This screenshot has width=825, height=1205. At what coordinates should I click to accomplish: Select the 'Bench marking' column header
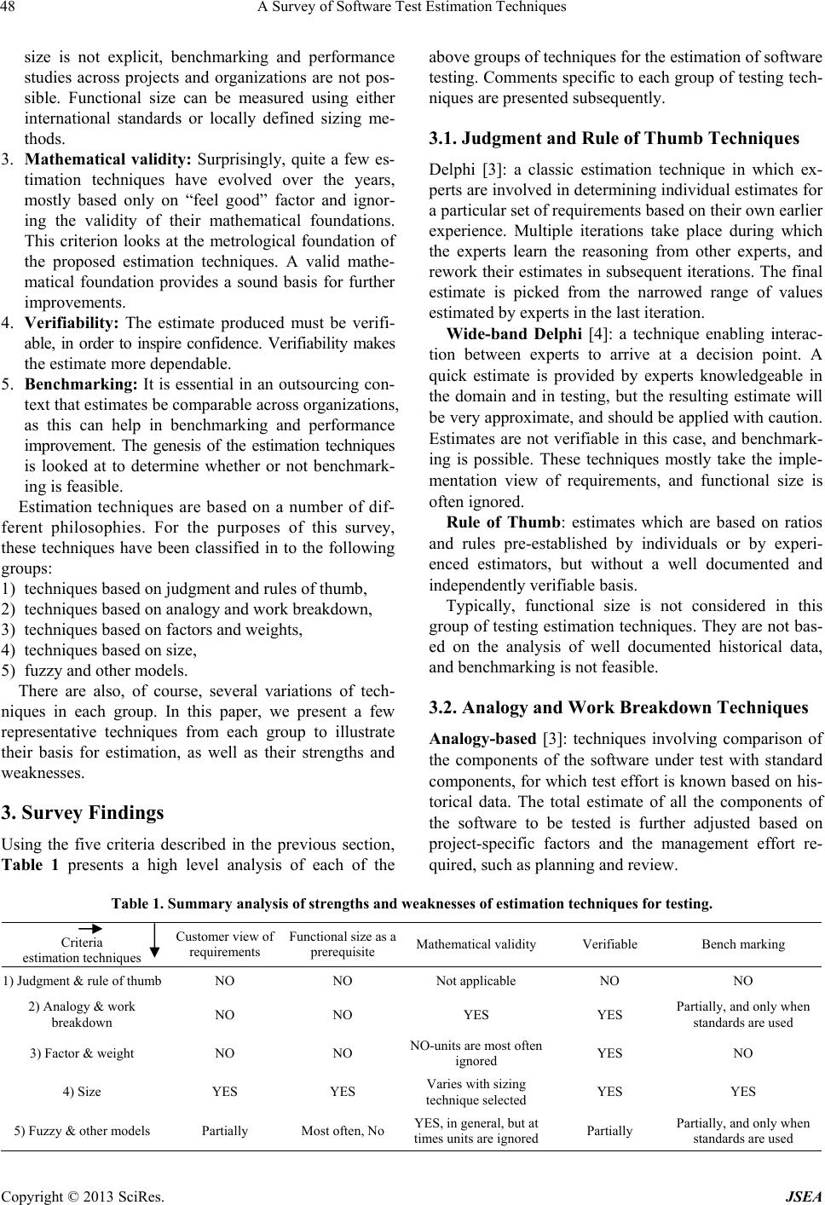click(743, 943)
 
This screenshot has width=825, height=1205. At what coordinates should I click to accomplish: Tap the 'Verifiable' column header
click(609, 943)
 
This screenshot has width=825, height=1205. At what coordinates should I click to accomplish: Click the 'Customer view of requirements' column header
click(225, 943)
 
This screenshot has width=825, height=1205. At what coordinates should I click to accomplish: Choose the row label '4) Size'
click(82, 1091)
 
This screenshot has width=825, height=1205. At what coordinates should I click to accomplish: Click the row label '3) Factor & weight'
click(82, 1052)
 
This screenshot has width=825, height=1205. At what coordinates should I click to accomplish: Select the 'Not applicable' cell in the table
click(476, 980)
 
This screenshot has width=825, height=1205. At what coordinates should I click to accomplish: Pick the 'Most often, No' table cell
click(343, 1131)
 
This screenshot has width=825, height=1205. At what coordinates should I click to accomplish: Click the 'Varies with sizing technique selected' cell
click(476, 1091)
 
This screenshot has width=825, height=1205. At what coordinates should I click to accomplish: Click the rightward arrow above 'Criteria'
click(88, 928)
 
